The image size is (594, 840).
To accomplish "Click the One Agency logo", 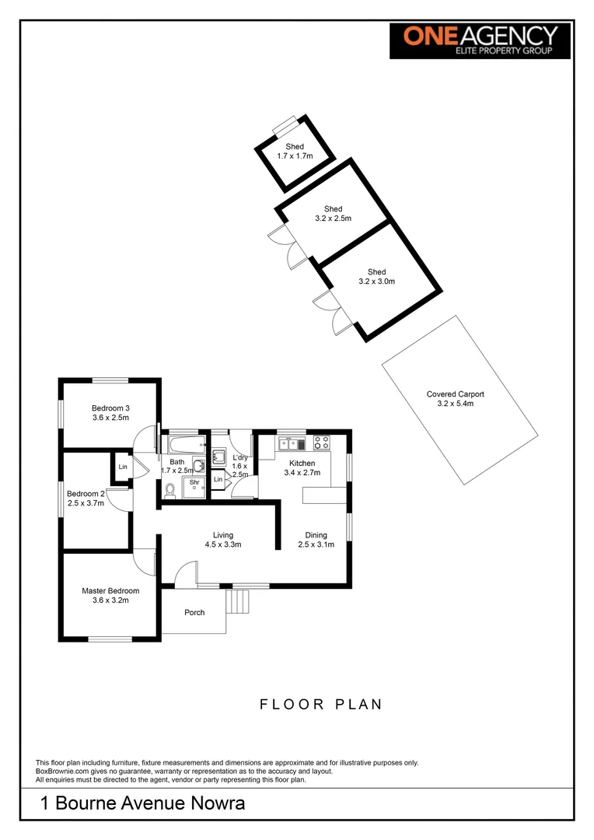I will [480, 40].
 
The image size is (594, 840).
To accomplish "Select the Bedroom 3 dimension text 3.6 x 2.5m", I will [110, 418].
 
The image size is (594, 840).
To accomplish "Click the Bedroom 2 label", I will [86, 494].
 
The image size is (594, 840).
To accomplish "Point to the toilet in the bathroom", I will [170, 489].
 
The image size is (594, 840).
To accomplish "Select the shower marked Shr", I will [193, 485].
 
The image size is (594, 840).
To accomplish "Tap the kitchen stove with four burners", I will [321, 443].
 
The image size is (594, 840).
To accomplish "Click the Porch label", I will [194, 613].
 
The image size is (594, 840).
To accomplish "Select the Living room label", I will [223, 535].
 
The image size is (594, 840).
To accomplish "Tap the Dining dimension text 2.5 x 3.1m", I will [316, 544].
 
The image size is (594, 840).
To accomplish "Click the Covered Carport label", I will [455, 394].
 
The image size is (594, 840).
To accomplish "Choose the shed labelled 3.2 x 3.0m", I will [377, 276].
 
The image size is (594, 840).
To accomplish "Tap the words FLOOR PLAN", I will [320, 705].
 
